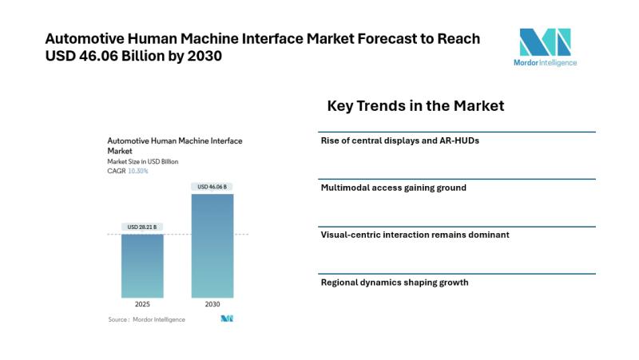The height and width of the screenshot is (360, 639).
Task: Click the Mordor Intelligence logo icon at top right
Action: pyautogui.click(x=546, y=42)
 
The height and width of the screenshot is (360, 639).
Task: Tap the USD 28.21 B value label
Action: pyautogui.click(x=143, y=227)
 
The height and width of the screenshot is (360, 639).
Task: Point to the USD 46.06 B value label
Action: pyautogui.click(x=212, y=187)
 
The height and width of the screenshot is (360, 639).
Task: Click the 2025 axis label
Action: pyautogui.click(x=142, y=304)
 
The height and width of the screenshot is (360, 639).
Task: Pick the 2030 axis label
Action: pyautogui.click(x=212, y=304)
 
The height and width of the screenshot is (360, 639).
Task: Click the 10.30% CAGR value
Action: pyautogui.click(x=137, y=171)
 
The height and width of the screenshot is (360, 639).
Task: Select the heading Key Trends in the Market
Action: pyautogui.click(x=415, y=105)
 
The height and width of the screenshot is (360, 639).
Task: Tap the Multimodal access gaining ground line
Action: pyautogui.click(x=393, y=188)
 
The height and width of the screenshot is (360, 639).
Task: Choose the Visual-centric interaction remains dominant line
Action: pyautogui.click(x=415, y=235)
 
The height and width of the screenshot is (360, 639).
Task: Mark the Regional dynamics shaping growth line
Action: pyautogui.click(x=394, y=282)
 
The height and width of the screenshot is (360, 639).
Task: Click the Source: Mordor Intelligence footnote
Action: pyautogui.click(x=146, y=319)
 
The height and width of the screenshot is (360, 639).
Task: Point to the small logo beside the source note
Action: pyautogui.click(x=226, y=318)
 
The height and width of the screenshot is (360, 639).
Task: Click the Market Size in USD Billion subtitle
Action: pyautogui.click(x=143, y=161)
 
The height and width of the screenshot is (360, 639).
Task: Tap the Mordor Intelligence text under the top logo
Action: pyautogui.click(x=546, y=62)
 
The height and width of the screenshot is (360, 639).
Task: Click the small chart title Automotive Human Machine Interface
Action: pyautogui.click(x=174, y=140)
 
